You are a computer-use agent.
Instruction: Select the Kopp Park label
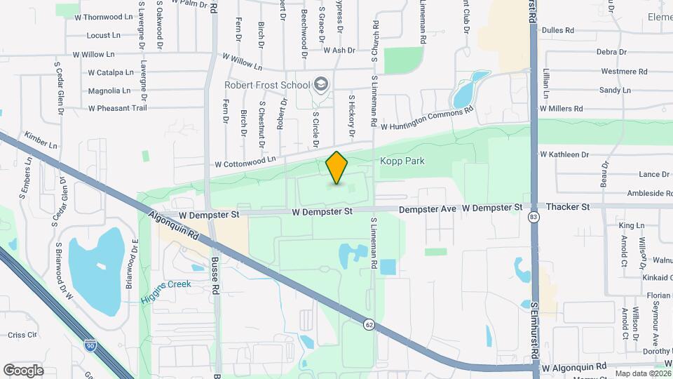click(402, 161)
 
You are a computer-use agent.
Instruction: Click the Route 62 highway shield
click(369, 324)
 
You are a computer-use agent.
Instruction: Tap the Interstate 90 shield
click(90, 345)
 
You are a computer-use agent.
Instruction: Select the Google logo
click(23, 370)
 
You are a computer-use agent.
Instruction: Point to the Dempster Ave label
click(428, 208)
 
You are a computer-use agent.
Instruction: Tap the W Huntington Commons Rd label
click(428, 118)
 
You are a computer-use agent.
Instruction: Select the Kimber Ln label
click(41, 140)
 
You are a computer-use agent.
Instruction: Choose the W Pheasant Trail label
click(117, 108)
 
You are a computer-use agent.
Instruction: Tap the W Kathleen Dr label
click(564, 154)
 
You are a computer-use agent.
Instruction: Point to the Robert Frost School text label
click(266, 85)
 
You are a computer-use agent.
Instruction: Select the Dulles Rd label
click(558, 30)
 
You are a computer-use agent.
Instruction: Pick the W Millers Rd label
click(559, 109)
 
